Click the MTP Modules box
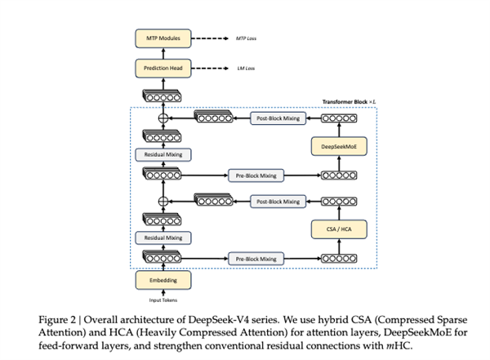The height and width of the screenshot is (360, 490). coord(163,38)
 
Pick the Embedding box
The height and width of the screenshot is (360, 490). coord(163,279)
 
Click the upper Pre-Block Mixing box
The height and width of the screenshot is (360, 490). coord(256,175)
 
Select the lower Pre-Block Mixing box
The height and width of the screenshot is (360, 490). coord(256,258)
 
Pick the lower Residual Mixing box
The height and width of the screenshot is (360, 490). coord(163,237)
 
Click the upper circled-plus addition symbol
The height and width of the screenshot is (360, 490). coord(163,118)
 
